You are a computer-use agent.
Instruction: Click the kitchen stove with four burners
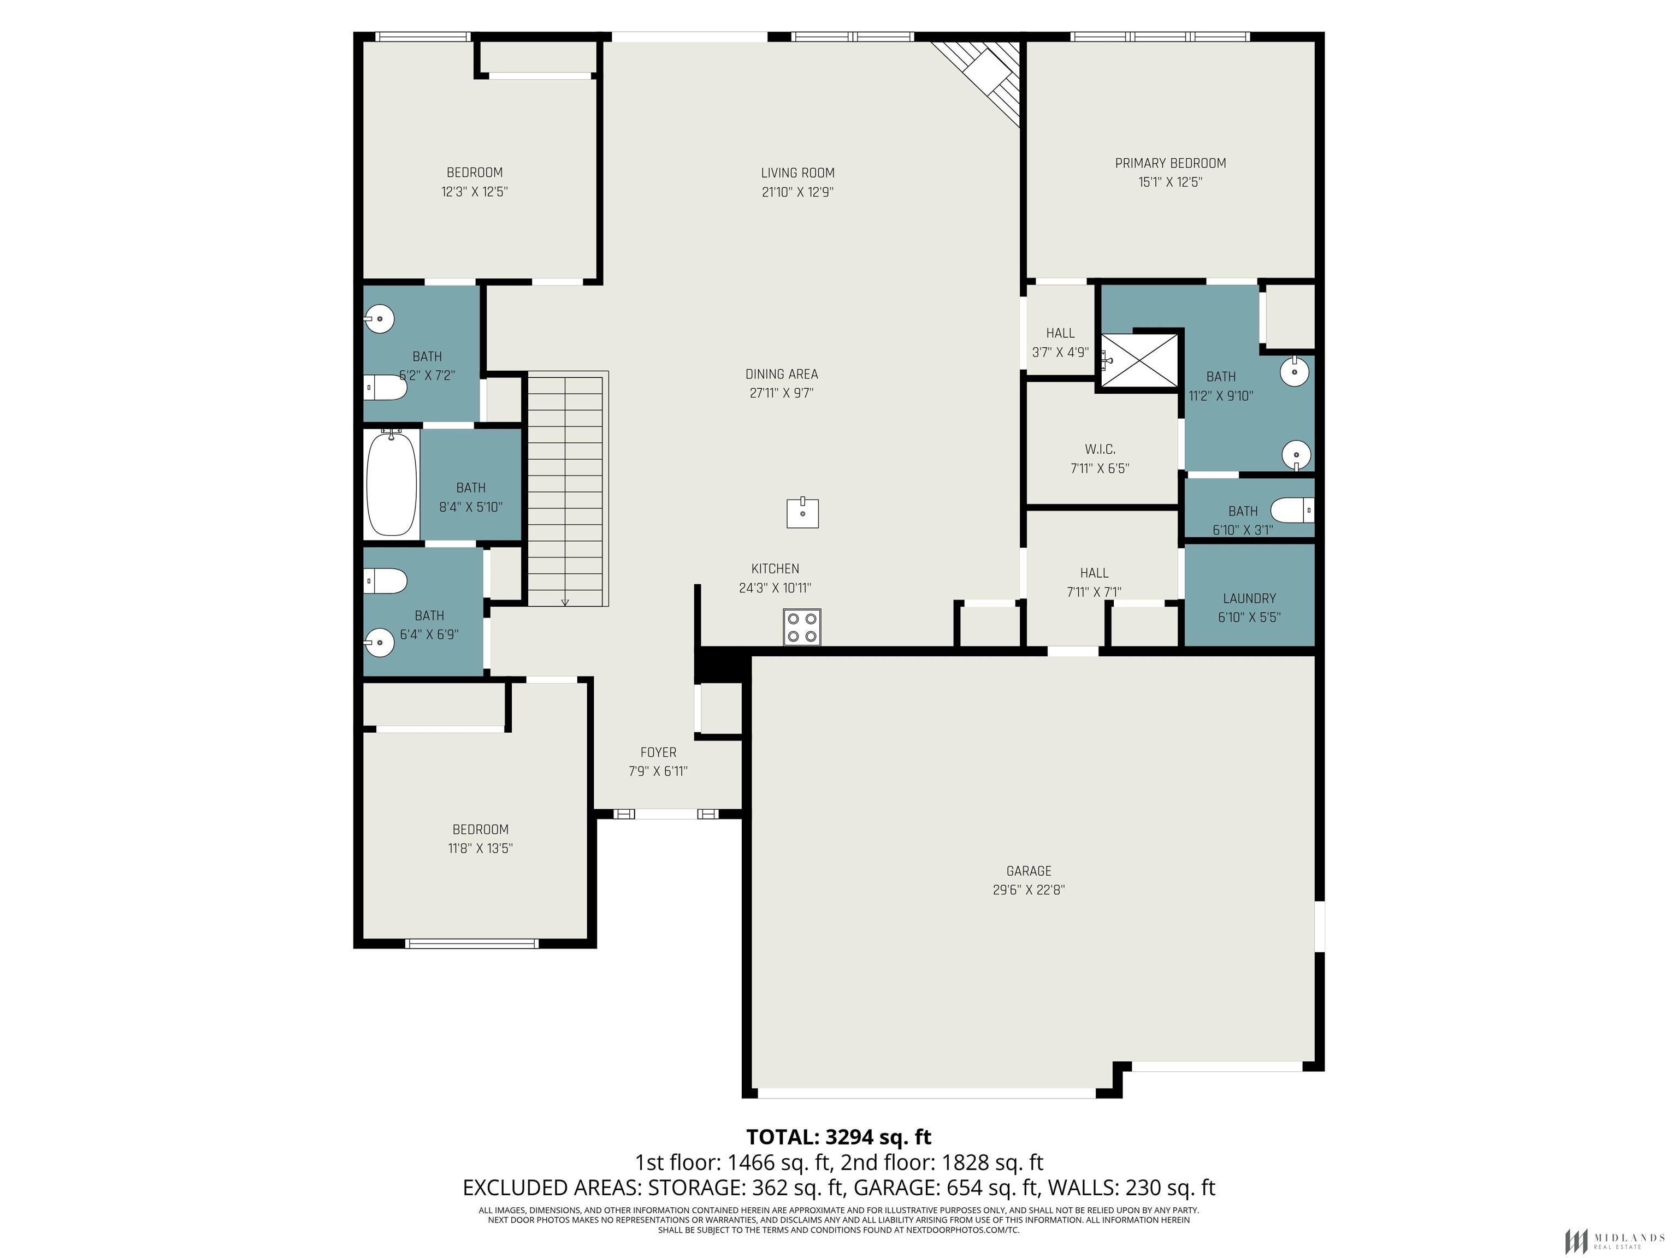[802, 627]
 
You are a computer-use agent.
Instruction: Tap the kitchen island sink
[802, 513]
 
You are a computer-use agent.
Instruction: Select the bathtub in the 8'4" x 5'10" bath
[392, 483]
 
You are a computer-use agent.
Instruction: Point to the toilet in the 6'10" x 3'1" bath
[1292, 509]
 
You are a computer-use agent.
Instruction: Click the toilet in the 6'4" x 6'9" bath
[386, 581]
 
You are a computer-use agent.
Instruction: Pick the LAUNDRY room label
[1249, 598]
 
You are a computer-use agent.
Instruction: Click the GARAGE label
[1029, 871]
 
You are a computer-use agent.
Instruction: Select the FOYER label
[658, 752]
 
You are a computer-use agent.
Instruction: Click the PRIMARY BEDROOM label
[1171, 163]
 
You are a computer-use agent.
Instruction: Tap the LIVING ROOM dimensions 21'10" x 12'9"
[797, 192]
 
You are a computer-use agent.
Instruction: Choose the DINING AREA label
[781, 374]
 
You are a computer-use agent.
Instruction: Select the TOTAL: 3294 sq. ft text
[838, 1137]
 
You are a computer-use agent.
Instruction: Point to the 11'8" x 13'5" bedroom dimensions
[480, 848]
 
